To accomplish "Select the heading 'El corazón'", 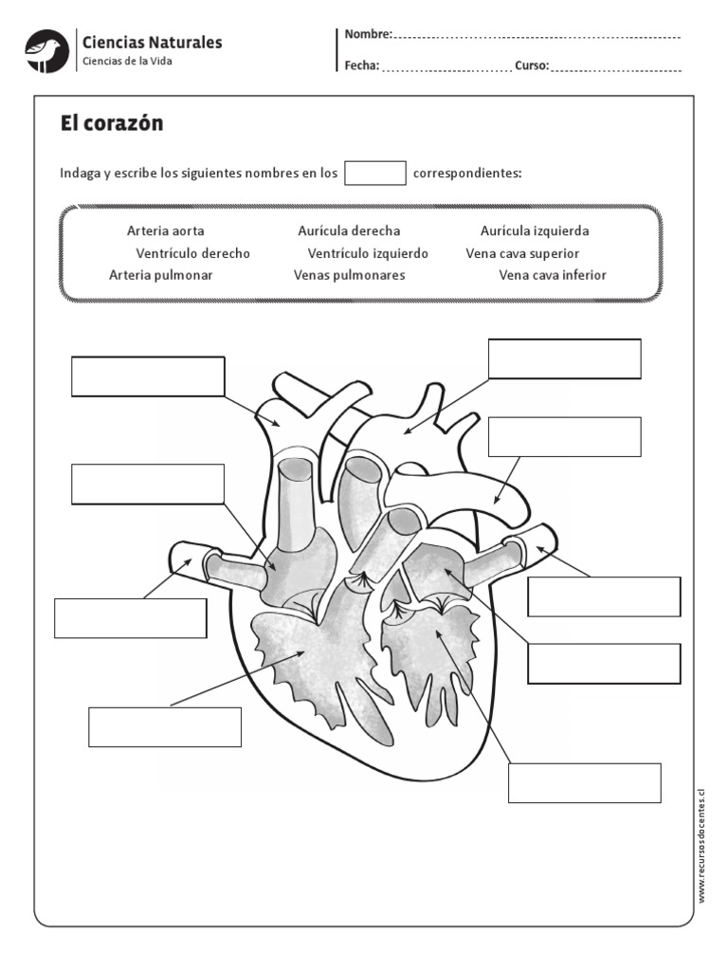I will (x=112, y=123).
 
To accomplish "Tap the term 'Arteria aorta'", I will (x=165, y=231).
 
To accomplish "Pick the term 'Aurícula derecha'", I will (x=349, y=231).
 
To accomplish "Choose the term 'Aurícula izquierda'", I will (x=535, y=231).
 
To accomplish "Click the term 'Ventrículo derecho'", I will (x=192, y=254).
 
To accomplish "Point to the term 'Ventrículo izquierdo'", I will (x=368, y=254).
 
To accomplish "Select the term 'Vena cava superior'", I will (x=522, y=254).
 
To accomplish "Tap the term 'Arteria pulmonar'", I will (x=161, y=275).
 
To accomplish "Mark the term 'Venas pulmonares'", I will (x=350, y=275).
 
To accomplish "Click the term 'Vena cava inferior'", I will (x=553, y=275).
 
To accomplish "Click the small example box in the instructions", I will (x=375, y=173).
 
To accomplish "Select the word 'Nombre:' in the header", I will (x=368, y=34).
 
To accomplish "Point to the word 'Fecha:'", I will (x=362, y=66).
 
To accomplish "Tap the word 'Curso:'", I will (x=532, y=66).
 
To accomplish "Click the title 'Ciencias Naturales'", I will (x=153, y=43).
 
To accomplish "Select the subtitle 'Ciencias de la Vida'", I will (x=128, y=62).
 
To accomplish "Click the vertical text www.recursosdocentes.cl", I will (x=702, y=845).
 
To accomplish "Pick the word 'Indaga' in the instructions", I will (x=80, y=174).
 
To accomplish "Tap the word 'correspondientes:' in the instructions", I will (x=467, y=174).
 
